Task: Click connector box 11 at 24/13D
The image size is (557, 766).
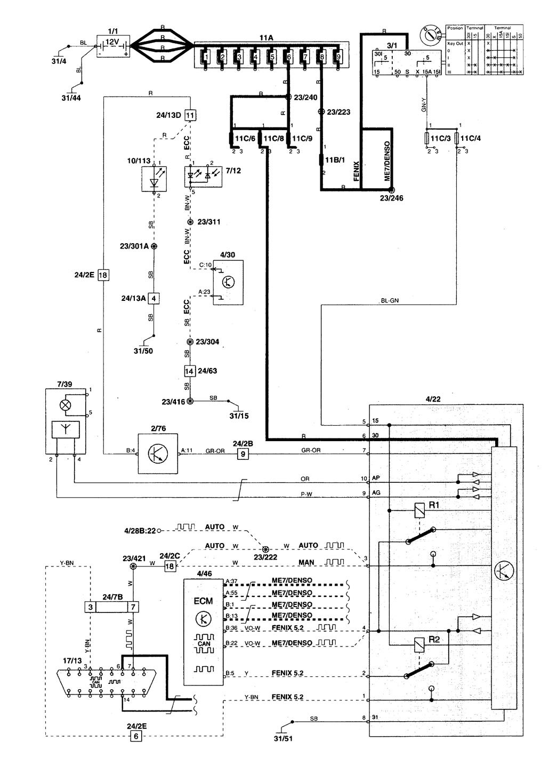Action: tap(190, 115)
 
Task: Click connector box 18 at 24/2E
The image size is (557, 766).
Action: tap(103, 276)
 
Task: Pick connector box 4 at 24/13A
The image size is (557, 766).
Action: tap(154, 298)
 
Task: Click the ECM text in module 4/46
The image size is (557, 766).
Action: tap(203, 600)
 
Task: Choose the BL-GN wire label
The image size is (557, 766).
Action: tap(390, 301)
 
